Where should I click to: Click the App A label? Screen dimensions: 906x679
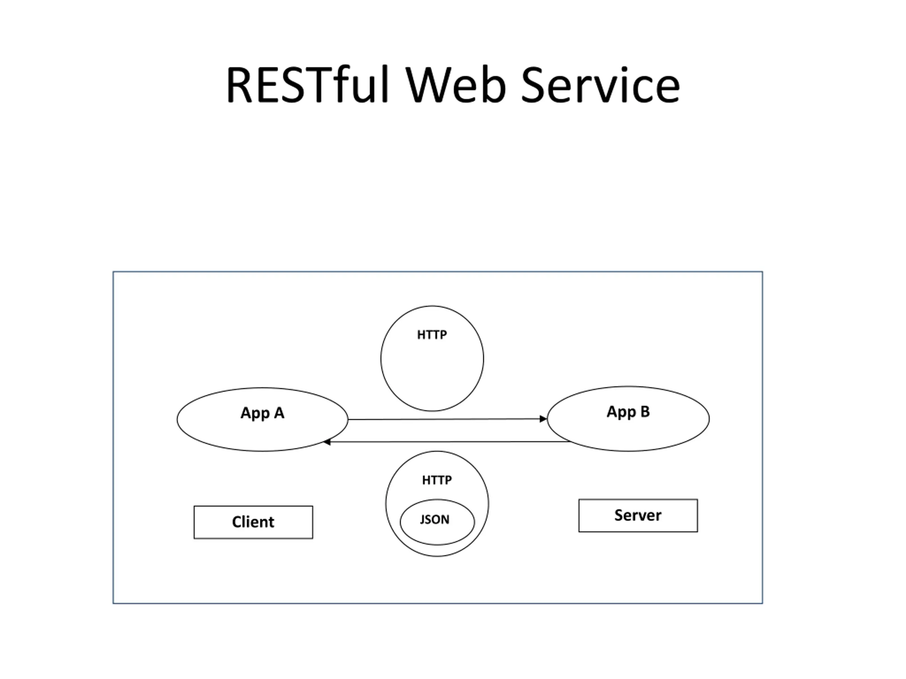pyautogui.click(x=262, y=413)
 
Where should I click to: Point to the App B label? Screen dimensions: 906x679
pyautogui.click(x=628, y=412)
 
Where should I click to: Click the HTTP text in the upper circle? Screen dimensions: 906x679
pyautogui.click(x=432, y=335)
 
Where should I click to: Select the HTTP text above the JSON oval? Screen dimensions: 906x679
pyautogui.click(x=437, y=480)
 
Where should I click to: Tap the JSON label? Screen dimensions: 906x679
pyautogui.click(x=435, y=520)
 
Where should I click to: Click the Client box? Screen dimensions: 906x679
pyautogui.click(x=253, y=522)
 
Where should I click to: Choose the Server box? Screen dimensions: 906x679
pyautogui.click(x=638, y=516)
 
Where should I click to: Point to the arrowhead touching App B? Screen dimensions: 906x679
pyautogui.click(x=543, y=419)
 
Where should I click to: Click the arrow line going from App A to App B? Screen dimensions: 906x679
pyautogui.click(x=448, y=419)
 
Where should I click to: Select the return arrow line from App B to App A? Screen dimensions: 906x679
pyautogui.click(x=446, y=442)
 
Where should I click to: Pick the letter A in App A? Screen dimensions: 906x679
pyautogui.click(x=279, y=413)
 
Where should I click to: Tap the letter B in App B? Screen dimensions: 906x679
pyautogui.click(x=645, y=411)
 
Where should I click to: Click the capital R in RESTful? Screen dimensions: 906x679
pyautogui.click(x=239, y=85)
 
